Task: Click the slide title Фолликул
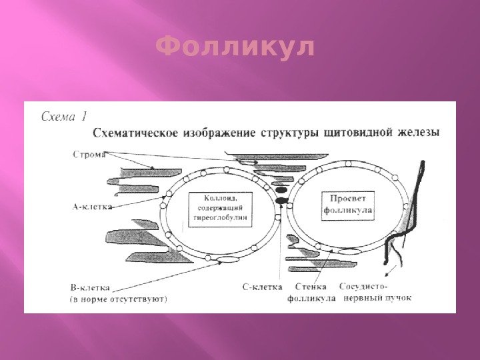pyautogui.click(x=235, y=47)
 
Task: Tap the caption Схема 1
pyautogui.click(x=64, y=115)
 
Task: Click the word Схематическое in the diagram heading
pyautogui.click(x=135, y=133)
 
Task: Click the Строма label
pyautogui.click(x=86, y=157)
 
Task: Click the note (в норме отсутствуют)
pyautogui.click(x=119, y=299)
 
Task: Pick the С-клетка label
pyautogui.click(x=261, y=287)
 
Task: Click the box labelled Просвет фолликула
pyautogui.click(x=348, y=204)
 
